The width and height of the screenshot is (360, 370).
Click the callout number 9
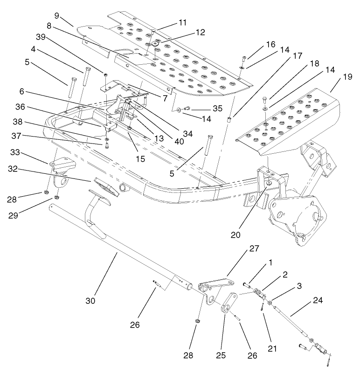click(57, 15)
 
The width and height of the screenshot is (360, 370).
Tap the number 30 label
click(90, 301)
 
